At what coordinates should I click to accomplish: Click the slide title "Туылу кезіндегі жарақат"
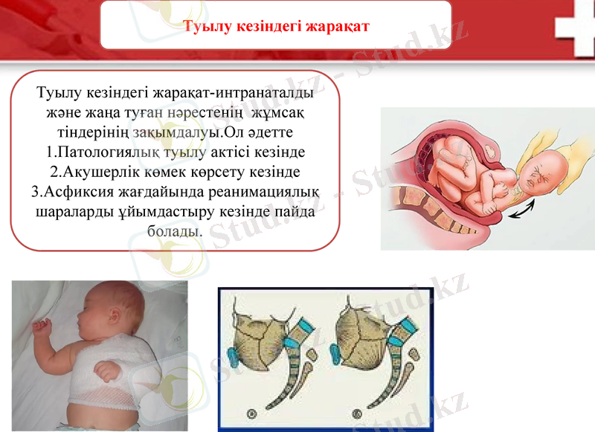point(276,26)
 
